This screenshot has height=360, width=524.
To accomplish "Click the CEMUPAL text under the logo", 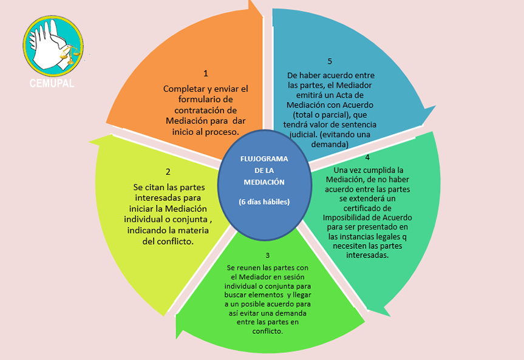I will pos(52,83).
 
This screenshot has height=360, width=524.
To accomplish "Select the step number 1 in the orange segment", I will pos(206,73).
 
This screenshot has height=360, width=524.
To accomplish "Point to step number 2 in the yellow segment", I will pos(168,172).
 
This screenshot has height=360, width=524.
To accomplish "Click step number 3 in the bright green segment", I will pos(267,256).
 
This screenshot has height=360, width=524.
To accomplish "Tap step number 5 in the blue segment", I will pos(330,61).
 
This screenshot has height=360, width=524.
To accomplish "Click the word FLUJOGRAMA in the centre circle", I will pos(264,158).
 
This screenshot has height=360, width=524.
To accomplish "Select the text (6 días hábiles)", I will pos(264,202).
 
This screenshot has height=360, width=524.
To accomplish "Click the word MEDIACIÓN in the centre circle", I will pos(264,182).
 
